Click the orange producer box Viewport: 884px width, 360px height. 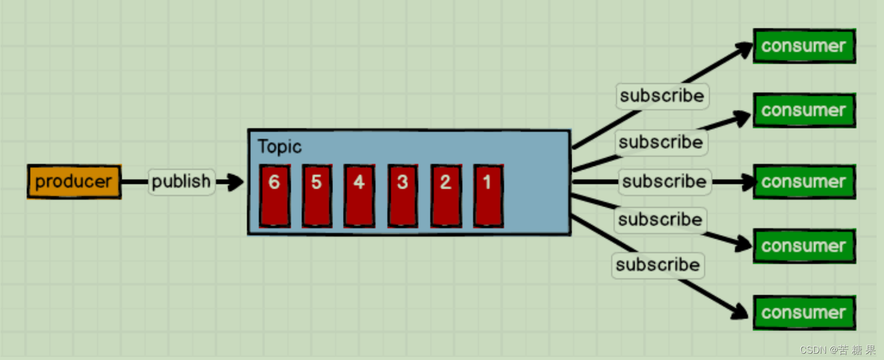[x=74, y=182]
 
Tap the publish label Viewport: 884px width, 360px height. [x=181, y=182]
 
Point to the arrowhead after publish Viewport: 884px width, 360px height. [x=235, y=182]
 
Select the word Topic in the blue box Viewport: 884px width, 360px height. [x=279, y=147]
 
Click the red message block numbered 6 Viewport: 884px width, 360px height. [x=274, y=196]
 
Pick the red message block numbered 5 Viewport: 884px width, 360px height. [x=317, y=196]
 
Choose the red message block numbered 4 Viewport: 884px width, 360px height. [x=359, y=196]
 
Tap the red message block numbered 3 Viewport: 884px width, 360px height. [x=402, y=196]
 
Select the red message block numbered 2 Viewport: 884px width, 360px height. [x=446, y=196]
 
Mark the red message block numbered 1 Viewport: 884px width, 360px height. [x=488, y=196]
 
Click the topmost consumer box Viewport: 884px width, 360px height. [x=804, y=46]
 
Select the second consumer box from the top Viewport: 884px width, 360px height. [x=804, y=111]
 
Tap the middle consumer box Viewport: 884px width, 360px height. [x=804, y=182]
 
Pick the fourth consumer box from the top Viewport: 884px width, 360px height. [x=804, y=246]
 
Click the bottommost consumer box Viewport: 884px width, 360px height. [x=804, y=313]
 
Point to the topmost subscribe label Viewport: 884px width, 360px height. [x=662, y=96]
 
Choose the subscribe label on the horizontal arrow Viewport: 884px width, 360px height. [x=664, y=182]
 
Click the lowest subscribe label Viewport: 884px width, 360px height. [x=658, y=265]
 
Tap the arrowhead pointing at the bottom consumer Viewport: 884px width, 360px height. [x=740, y=312]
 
